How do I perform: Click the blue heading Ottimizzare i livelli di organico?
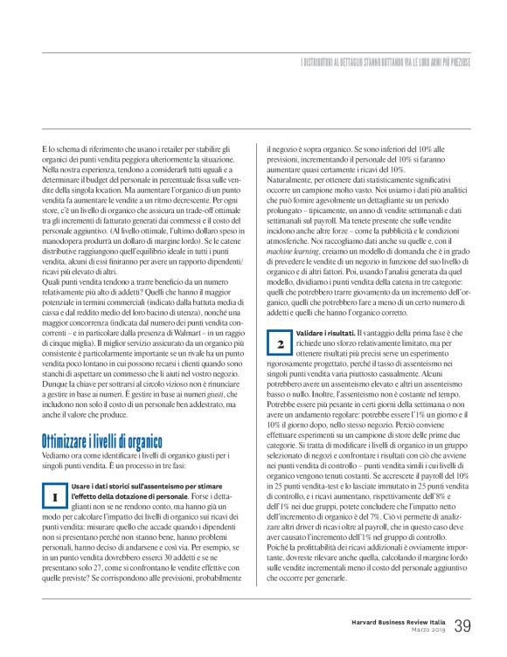(102, 442)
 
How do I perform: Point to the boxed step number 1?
(54, 495)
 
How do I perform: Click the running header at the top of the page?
(385, 64)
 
